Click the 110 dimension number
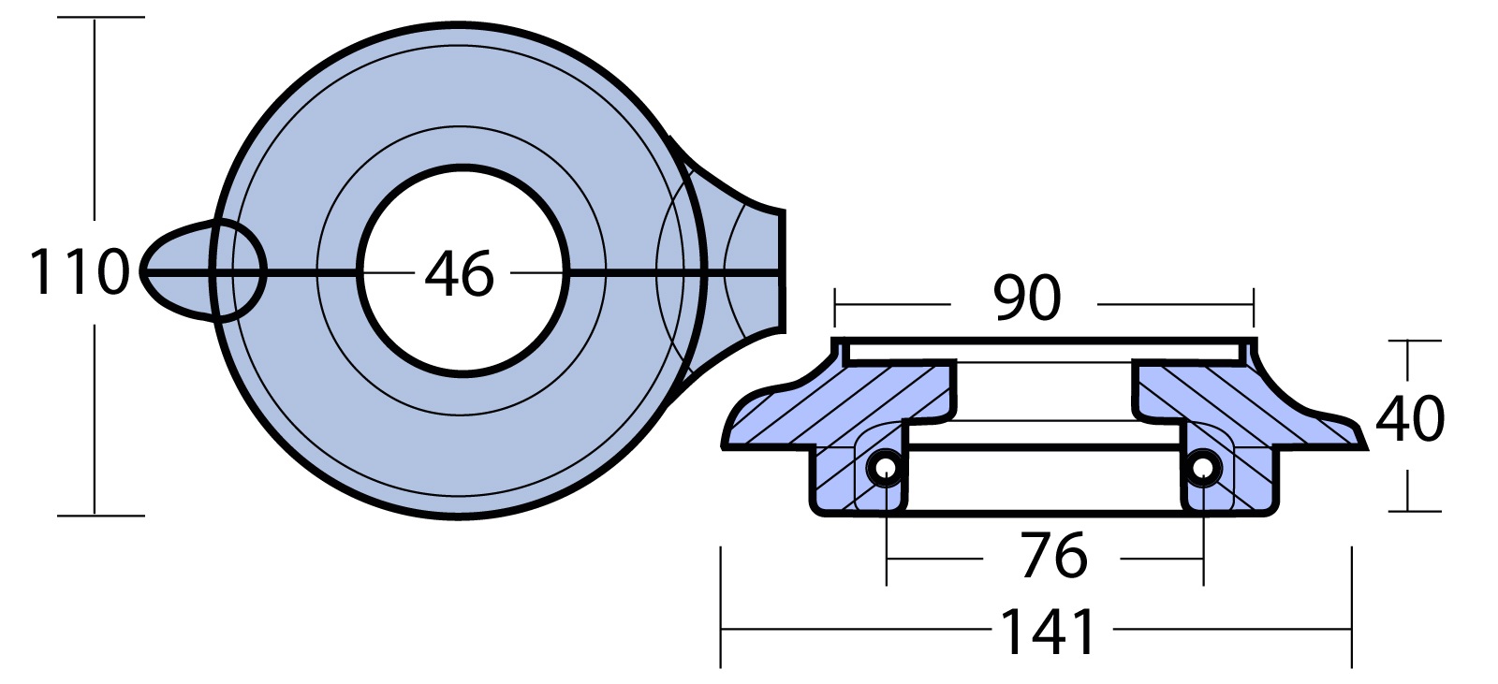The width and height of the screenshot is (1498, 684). [x=80, y=271]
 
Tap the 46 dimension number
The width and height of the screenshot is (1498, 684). [x=460, y=273]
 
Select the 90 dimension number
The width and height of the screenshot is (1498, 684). [x=1026, y=298]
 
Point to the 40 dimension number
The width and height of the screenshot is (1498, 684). [x=1410, y=418]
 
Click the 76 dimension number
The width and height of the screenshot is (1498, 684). [x=1054, y=556]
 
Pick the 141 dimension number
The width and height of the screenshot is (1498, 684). [x=1048, y=631]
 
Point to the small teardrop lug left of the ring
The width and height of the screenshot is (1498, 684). [x=175, y=271]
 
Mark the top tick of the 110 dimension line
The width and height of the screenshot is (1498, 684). [x=101, y=18]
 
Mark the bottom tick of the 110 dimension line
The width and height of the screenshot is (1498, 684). [x=101, y=516]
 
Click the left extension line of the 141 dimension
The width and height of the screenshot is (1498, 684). [x=721, y=607]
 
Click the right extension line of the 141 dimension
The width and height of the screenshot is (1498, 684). [x=1352, y=607]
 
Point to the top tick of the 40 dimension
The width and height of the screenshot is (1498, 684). [x=1415, y=341]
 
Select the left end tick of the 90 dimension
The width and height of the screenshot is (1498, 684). [x=835, y=308]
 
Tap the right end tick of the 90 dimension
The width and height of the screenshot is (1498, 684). [x=1254, y=308]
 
